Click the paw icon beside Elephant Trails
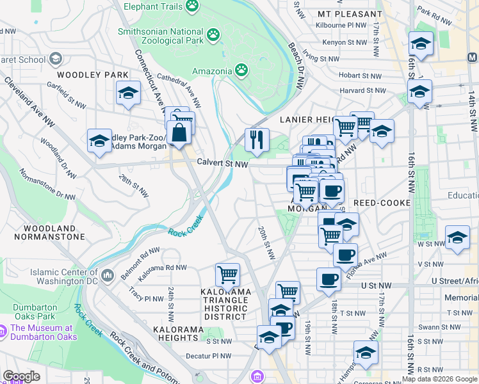[x=191, y=6]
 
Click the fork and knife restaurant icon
[x=257, y=140]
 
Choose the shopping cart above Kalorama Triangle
[x=227, y=275]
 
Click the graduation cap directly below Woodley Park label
[x=128, y=93]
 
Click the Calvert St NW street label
[x=222, y=164]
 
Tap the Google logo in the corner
[x=21, y=376]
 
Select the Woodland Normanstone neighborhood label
[x=54, y=232]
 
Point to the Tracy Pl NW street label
[x=145, y=298]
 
